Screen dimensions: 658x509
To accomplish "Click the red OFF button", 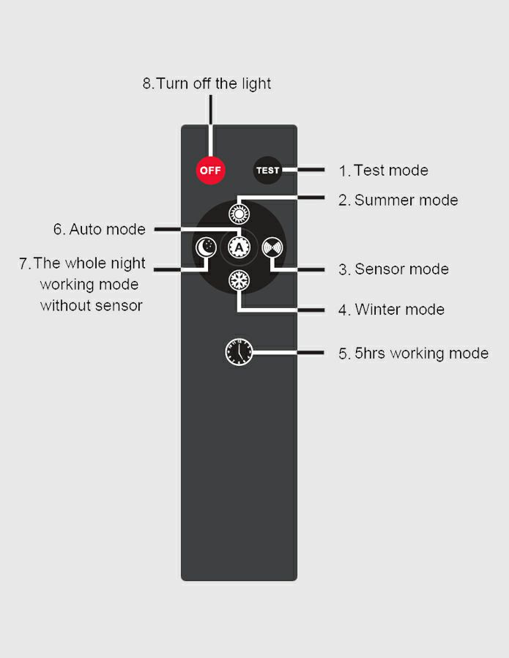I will point(210,171).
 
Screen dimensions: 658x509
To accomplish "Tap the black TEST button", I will point(267,171).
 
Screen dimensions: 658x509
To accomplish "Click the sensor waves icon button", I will point(272,247).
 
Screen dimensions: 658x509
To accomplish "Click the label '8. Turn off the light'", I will point(207,83).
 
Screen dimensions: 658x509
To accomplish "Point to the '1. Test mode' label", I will point(383,171).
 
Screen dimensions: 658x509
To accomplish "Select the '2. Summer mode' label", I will point(398,200).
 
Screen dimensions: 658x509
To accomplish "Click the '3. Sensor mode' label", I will point(393,269).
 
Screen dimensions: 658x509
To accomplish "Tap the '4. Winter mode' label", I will point(391,310).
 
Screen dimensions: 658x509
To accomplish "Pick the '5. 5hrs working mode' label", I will point(413,354).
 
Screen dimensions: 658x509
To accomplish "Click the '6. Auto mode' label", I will point(99,229).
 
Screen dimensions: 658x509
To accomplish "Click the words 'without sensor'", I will point(91,305).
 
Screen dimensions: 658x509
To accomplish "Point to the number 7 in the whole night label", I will point(23,263).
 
